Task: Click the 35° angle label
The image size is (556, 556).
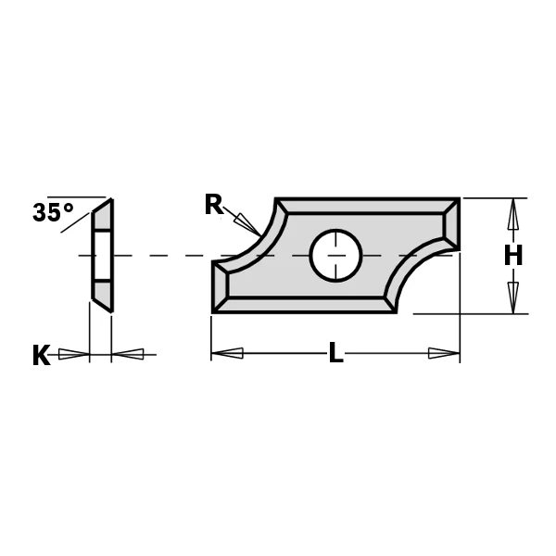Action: point(53,212)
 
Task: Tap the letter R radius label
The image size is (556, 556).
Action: point(214,205)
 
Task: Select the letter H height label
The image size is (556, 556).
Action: point(513,255)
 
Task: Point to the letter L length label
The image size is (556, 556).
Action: point(335,353)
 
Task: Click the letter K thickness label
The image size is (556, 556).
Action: point(41,355)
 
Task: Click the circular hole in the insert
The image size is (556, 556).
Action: point(335,255)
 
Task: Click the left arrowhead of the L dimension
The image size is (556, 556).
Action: point(228,353)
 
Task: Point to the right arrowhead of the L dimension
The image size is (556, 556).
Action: point(444,353)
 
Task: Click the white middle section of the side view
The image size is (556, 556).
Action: point(102,255)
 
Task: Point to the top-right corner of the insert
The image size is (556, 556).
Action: point(458,200)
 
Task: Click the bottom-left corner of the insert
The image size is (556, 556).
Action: point(214,310)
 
